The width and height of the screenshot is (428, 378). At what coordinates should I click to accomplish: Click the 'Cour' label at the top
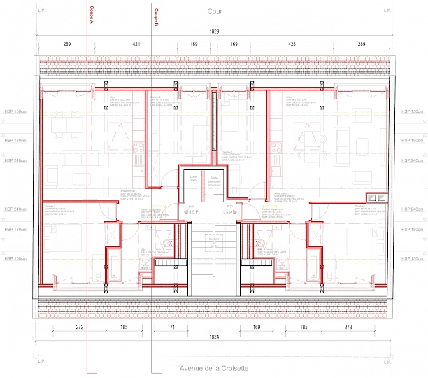coord(215,12)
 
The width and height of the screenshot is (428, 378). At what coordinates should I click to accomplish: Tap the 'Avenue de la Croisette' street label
coord(215,368)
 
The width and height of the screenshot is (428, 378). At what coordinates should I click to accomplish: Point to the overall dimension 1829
coord(213,32)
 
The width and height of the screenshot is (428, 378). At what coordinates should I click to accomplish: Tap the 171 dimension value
coord(171,327)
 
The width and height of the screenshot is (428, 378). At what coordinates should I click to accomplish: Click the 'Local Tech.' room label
coord(193,179)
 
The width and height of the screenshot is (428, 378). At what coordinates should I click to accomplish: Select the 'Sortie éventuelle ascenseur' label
coord(213,181)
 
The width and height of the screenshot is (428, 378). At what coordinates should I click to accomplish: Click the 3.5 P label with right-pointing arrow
coord(227,211)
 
